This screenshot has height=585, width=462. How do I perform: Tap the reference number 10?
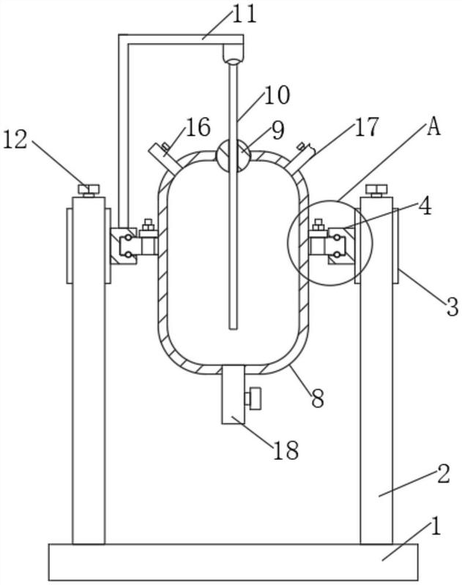(274, 94)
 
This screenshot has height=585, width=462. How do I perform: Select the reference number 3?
(452, 306)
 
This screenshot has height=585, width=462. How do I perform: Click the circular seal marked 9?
(233, 155)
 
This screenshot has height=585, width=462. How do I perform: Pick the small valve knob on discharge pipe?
(254, 399)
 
